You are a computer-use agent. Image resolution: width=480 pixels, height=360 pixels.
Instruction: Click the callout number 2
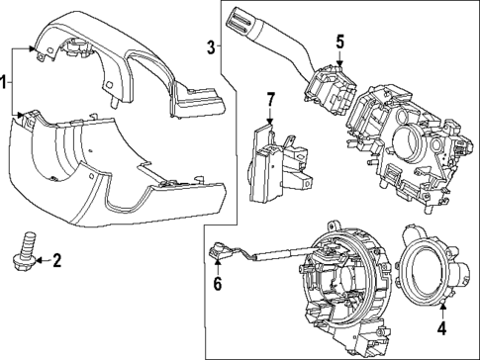pyautogui.click(x=56, y=261)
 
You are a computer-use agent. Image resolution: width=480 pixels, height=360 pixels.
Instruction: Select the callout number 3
pyautogui.click(x=211, y=46)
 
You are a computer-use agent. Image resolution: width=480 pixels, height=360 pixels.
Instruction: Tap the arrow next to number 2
pyautogui.click(x=40, y=261)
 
